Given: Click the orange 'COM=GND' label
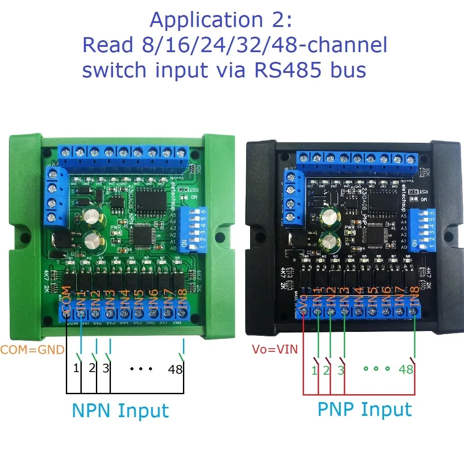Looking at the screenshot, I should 32,350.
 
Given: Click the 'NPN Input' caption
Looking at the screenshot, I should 120,411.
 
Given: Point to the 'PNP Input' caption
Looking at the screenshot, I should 365,410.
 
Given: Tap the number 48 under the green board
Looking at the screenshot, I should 175,369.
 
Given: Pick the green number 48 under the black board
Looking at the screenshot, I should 406,369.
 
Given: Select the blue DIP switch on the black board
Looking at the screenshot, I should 421,230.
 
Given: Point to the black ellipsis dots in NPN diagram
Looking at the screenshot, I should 141,368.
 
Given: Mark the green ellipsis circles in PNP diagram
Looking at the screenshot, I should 376,368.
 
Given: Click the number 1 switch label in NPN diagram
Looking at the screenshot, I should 76,368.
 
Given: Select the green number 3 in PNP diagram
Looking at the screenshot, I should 341,370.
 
